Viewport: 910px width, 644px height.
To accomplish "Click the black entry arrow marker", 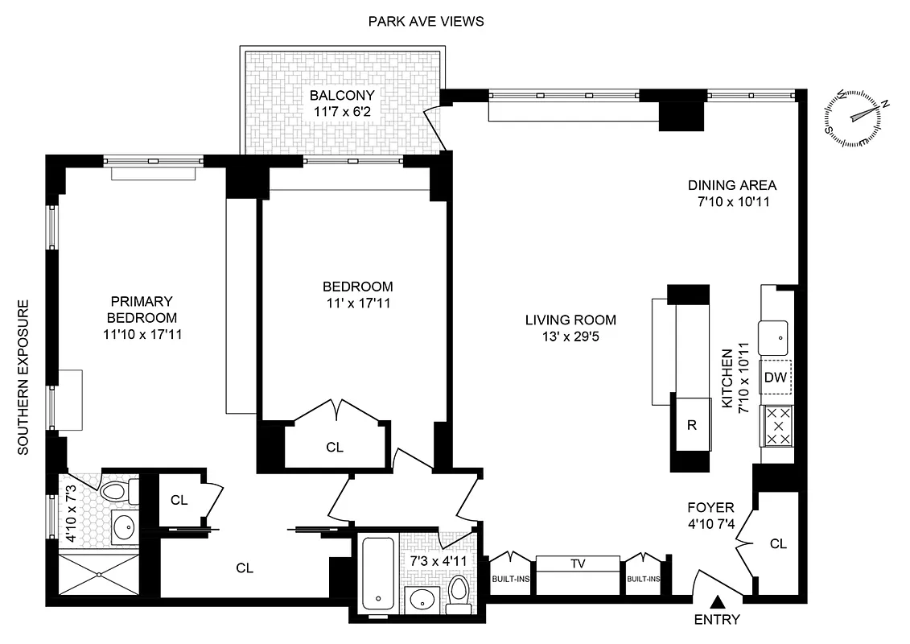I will [718, 601].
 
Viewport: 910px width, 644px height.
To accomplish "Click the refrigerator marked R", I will [690, 423].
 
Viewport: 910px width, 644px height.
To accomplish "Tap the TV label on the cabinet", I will [577, 563].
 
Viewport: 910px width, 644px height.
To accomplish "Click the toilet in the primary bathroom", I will [115, 491].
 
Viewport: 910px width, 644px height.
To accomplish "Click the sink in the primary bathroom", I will [124, 527].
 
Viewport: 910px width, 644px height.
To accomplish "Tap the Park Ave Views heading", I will [426, 22].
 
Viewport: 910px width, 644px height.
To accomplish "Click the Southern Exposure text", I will [23, 378].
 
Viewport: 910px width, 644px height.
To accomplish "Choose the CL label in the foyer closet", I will [777, 544].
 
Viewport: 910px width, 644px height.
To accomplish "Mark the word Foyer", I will [710, 508].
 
